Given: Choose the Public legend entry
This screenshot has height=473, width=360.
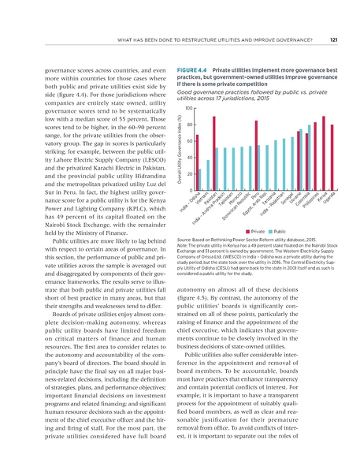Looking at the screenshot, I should pyautogui.click(x=276, y=231).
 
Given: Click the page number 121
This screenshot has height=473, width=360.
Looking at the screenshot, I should pyautogui.click(x=333, y=40).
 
